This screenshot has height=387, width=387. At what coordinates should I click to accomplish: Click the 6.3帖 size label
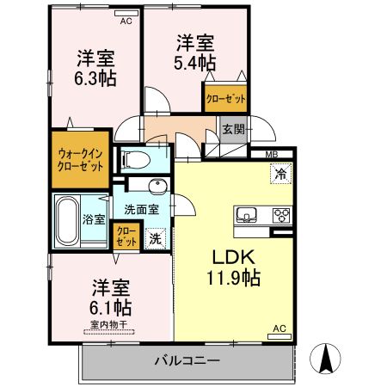tap(96, 77)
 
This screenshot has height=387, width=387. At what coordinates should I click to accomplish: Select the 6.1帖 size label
tap(111, 306)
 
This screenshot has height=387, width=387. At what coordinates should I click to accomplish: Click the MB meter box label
tap(272, 155)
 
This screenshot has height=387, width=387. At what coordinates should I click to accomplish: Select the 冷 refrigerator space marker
tap(280, 172)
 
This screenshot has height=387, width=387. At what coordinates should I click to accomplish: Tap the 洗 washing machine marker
tap(156, 237)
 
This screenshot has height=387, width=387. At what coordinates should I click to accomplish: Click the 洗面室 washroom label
tap(141, 208)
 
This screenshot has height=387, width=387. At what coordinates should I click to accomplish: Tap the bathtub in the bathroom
tap(66, 220)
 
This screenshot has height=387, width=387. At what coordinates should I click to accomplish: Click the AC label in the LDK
tap(279, 329)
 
